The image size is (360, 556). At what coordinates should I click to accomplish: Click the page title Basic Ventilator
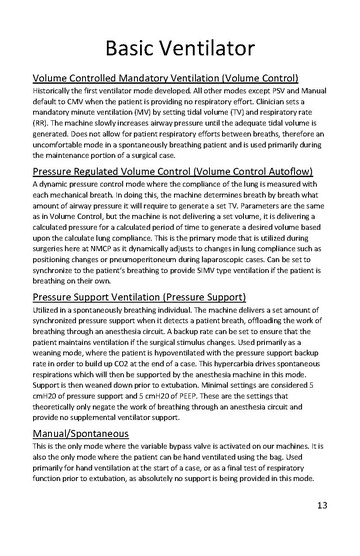(180, 46)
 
